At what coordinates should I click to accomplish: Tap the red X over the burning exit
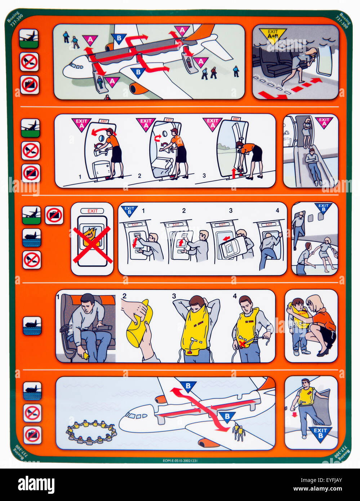pos(93,245)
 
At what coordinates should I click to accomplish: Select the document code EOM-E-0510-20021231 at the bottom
pos(180,460)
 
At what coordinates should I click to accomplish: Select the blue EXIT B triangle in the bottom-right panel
pos(320,433)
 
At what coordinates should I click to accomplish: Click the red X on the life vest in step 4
pos(243,344)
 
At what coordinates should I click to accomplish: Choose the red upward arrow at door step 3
pos(234,173)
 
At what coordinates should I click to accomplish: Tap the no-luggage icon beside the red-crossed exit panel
pos(54,216)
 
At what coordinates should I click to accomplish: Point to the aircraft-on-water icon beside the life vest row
pos(32,325)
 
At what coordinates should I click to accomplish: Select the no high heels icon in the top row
pos(29,62)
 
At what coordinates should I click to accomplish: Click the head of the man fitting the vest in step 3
pos(197,303)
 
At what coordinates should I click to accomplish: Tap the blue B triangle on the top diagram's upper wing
pos(118,37)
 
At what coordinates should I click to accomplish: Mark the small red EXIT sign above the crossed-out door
pos(92,211)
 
